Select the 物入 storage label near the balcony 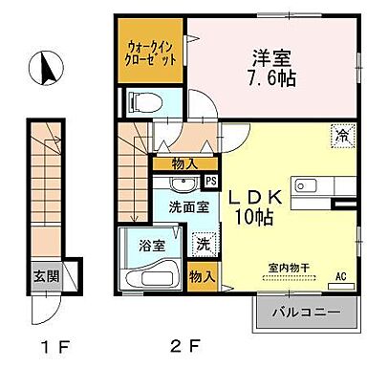(202, 275)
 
